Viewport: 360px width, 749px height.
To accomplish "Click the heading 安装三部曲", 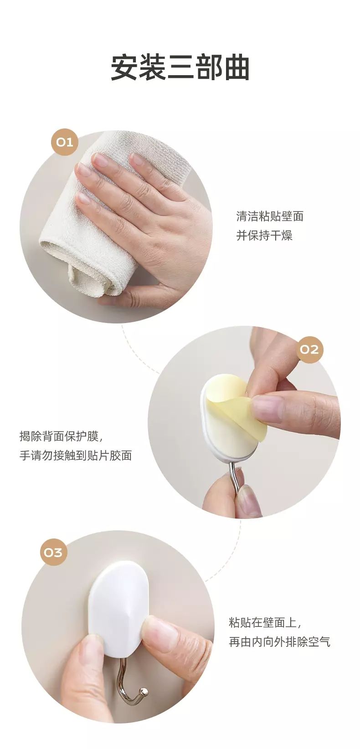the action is (180, 68).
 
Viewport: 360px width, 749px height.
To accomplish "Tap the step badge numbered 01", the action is (64, 142).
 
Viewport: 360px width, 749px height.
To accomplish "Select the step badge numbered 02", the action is (309, 350).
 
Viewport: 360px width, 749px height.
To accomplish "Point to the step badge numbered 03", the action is (53, 552).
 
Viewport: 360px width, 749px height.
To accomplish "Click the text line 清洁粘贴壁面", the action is (270, 216).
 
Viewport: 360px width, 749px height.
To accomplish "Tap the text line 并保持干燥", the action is (264, 236).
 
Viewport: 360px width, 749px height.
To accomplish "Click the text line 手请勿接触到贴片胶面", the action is (76, 456).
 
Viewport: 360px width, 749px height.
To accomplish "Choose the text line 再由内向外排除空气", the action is (279, 641).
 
